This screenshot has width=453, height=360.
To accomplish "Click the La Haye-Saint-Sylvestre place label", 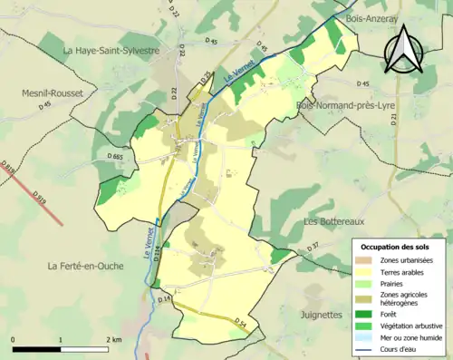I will coord(111,51).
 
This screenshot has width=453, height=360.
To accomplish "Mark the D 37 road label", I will coord(313,247).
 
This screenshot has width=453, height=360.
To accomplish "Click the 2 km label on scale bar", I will coord(114,338).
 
